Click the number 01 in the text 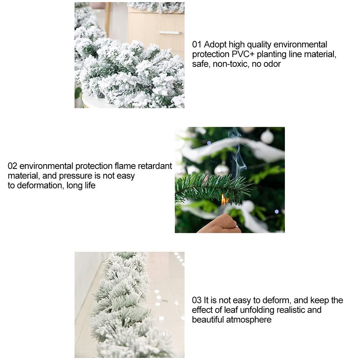197,45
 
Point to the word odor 271,64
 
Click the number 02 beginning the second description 13,166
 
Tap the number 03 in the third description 197,300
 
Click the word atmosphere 251,319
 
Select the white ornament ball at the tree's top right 267,137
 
